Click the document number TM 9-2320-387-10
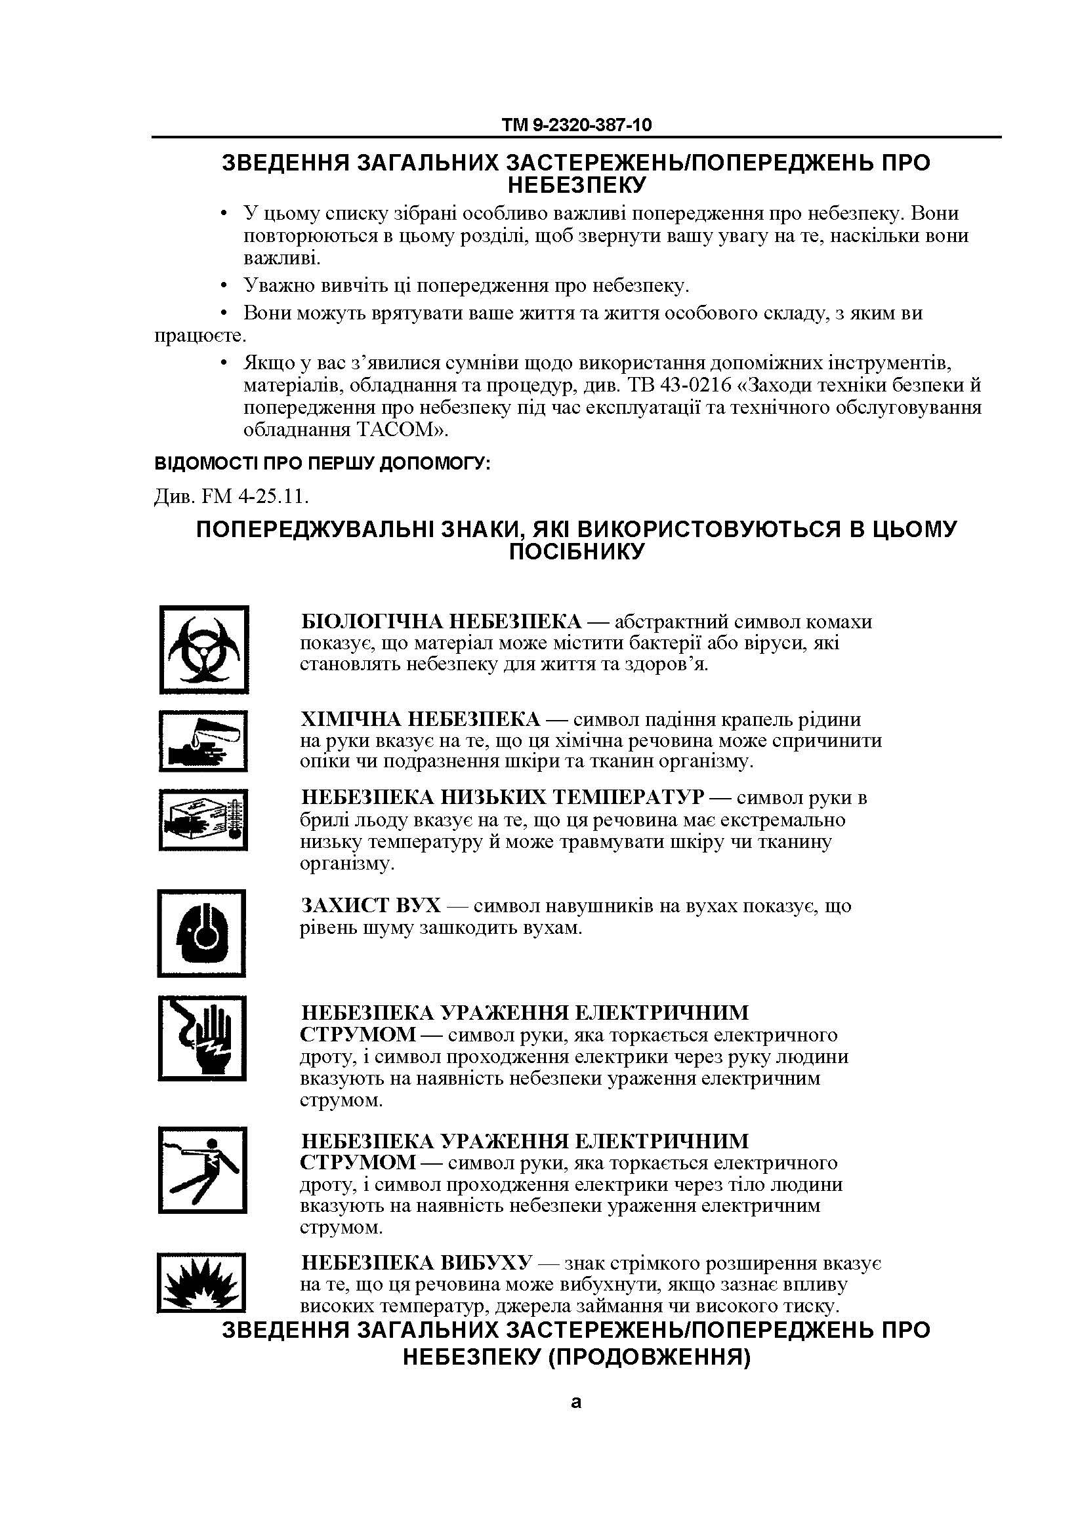tap(576, 125)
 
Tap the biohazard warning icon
tap(204, 649)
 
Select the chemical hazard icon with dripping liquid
tap(203, 741)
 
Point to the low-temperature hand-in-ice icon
tap(203, 820)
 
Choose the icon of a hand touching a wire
tap(202, 1037)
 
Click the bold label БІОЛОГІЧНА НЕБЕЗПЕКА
tap(441, 622)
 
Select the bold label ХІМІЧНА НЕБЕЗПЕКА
tap(421, 719)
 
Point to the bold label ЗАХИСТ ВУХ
tap(371, 906)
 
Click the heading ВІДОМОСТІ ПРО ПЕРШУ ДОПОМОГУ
tap(322, 463)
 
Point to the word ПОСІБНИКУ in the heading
tap(577, 551)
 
